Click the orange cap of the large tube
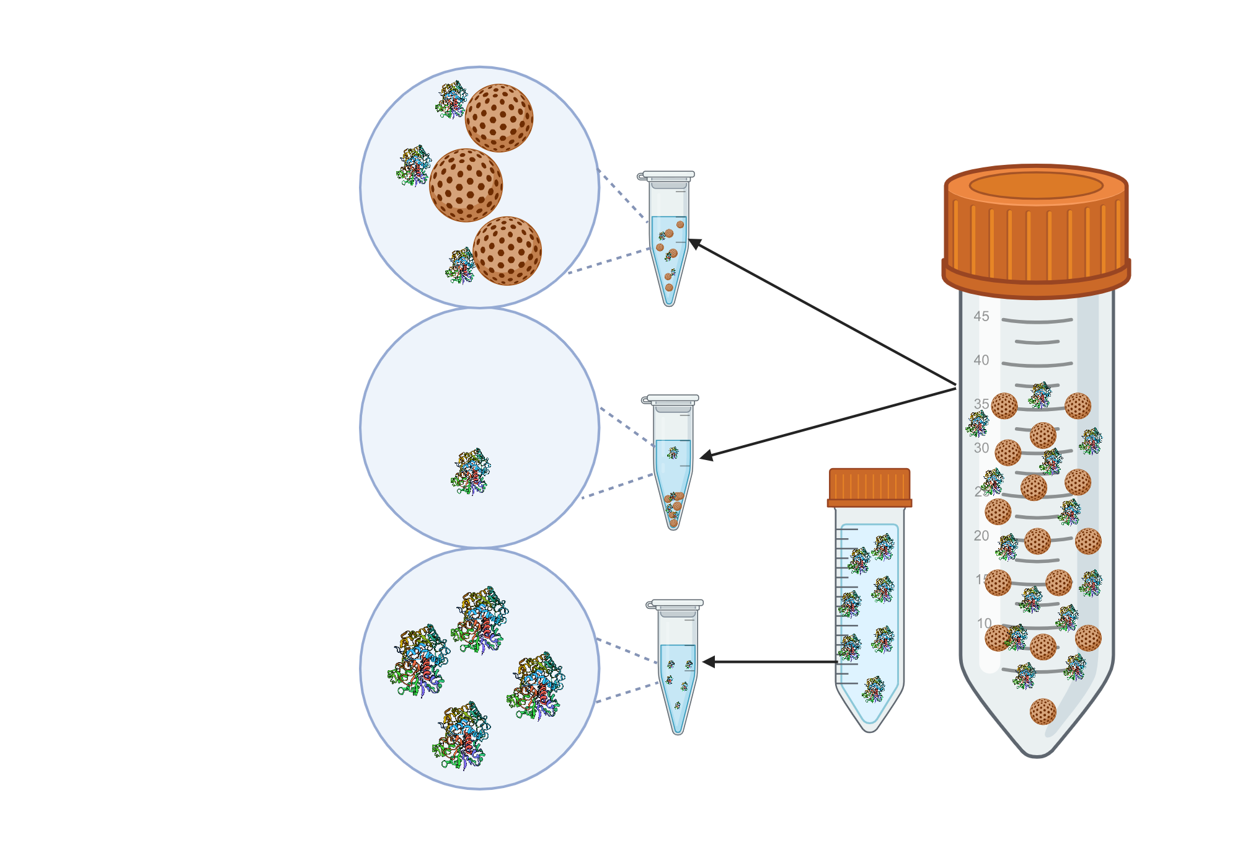point(1036,232)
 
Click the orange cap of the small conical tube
point(869,487)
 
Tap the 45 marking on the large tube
point(981,316)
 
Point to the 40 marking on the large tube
point(981,360)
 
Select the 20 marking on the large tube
point(981,536)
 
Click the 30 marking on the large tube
point(981,448)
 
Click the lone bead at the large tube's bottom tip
point(1043,711)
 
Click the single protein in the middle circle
point(471,471)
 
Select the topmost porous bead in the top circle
point(499,118)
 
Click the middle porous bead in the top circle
point(466,185)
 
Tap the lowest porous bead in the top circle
point(507,250)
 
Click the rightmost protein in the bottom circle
point(537,685)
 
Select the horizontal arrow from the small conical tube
point(775,662)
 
